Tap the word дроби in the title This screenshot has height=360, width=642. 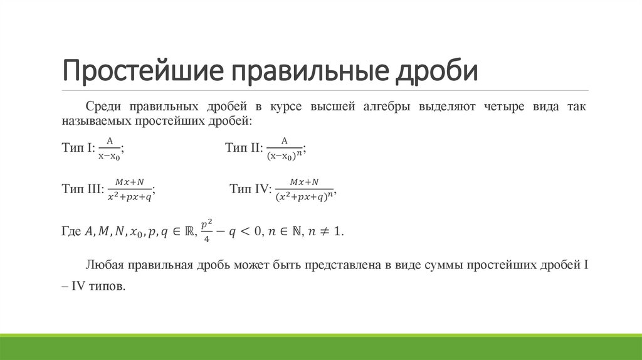435,71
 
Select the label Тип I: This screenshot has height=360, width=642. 78,148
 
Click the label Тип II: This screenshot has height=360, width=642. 243,148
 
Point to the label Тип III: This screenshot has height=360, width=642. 83,188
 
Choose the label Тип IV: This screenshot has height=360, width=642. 250,188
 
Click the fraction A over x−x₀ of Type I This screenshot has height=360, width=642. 109,148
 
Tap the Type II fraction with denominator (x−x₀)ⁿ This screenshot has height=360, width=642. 280,149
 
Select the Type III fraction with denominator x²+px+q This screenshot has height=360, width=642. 129,189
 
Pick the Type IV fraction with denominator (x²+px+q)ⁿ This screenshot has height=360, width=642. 303,189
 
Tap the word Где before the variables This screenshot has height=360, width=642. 71,231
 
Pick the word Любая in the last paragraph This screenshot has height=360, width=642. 103,266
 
